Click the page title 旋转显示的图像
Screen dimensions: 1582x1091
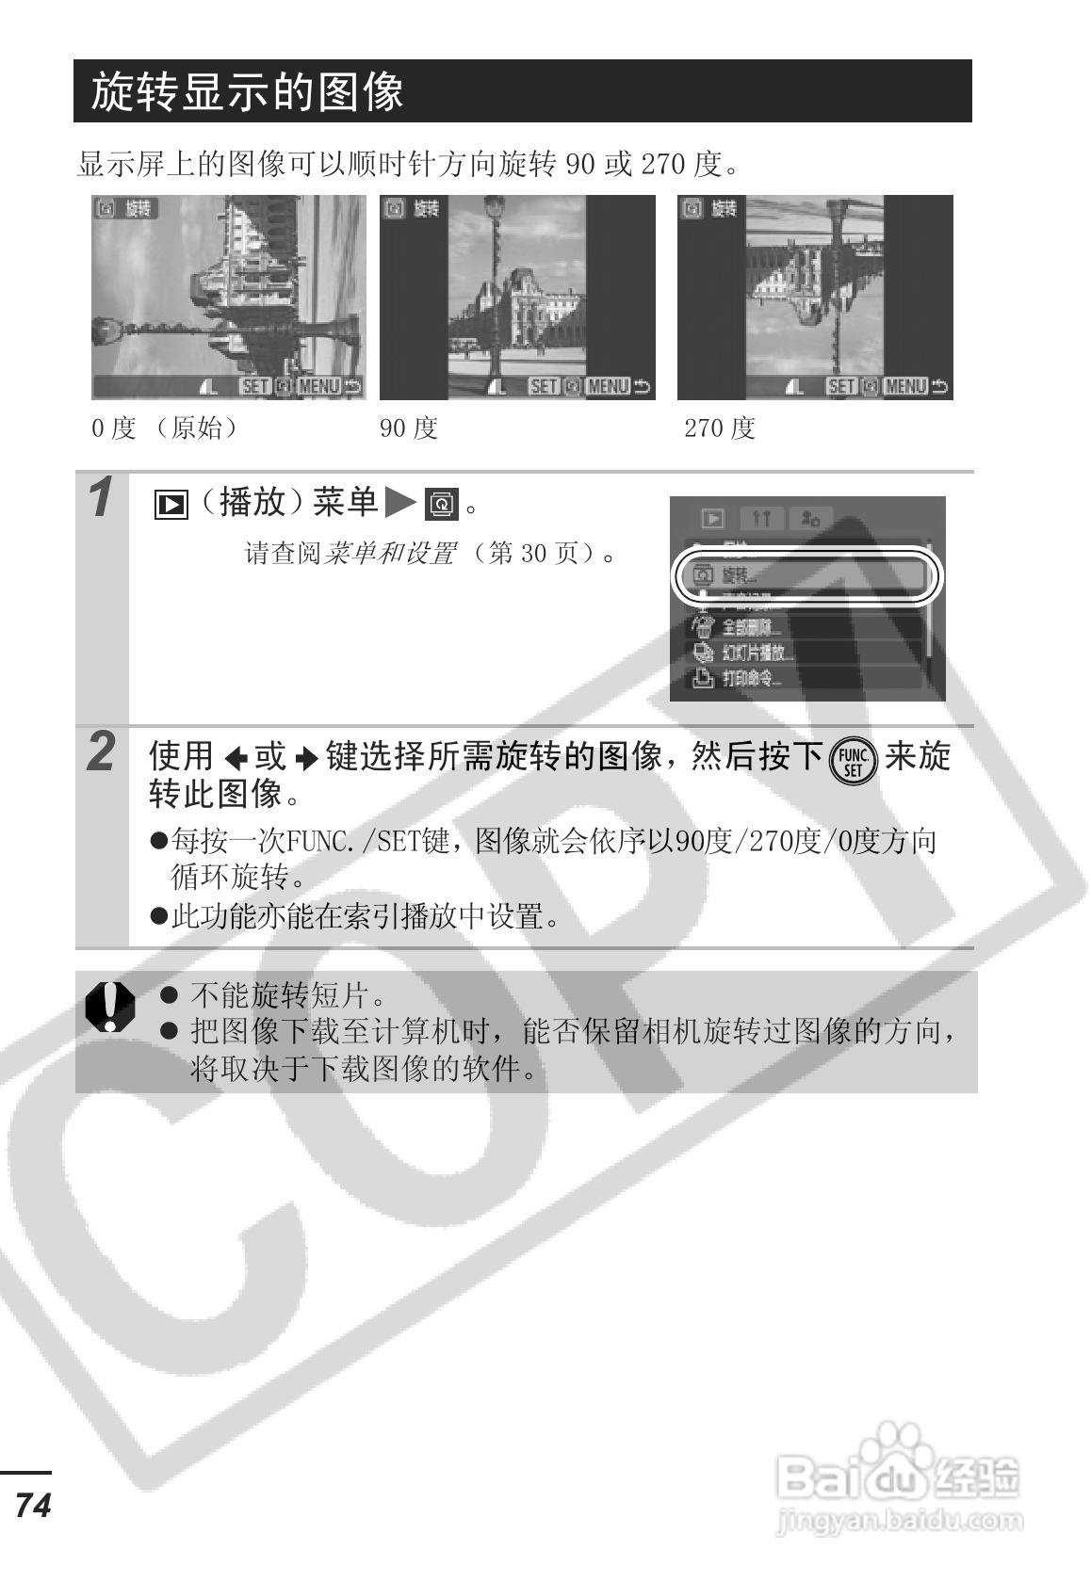[247, 92]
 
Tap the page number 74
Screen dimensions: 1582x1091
[33, 1505]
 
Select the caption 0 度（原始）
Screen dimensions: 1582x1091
[166, 428]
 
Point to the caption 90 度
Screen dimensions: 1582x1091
[408, 428]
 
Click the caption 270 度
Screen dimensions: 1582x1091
[720, 428]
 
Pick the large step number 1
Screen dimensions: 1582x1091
[102, 498]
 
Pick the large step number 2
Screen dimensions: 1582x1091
[102, 752]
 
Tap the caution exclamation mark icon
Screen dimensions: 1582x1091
[110, 1007]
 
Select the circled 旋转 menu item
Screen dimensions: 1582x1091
[806, 575]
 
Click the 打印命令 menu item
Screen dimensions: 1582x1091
[751, 678]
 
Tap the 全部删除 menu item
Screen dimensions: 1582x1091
[751, 627]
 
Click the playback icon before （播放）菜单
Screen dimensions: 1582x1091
[171, 505]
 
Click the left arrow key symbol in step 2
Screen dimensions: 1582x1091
[236, 758]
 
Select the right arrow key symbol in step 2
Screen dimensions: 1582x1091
[307, 758]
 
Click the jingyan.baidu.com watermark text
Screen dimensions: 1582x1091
[899, 1519]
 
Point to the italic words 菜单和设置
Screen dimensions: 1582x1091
[390, 553]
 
